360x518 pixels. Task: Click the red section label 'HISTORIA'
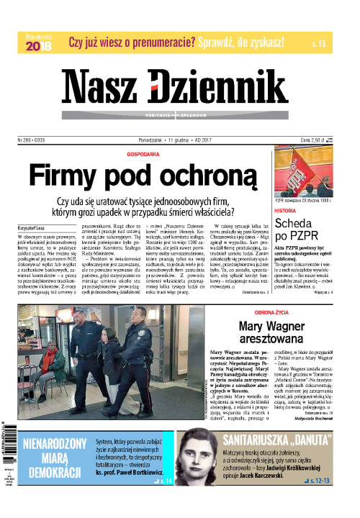pyautogui.click(x=286, y=212)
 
